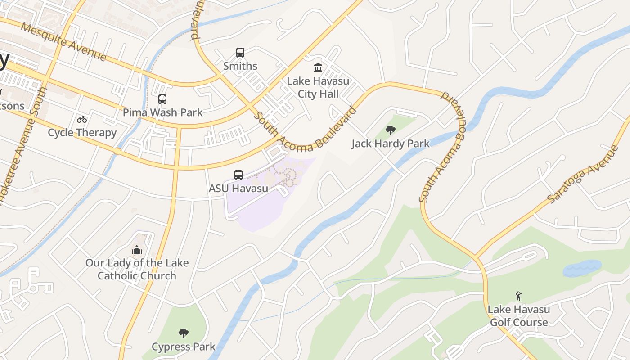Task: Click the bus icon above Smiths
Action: (240, 53)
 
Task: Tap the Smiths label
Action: (240, 66)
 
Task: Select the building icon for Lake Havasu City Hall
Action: (318, 68)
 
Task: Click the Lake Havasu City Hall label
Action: (318, 88)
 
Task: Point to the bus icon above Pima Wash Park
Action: (162, 99)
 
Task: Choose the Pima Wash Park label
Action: (163, 112)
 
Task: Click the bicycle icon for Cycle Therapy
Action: (81, 119)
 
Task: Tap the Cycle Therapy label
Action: (82, 133)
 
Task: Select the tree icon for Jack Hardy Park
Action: (391, 130)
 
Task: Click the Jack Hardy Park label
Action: (391, 144)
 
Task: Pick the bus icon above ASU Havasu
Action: (238, 175)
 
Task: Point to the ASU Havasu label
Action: (238, 188)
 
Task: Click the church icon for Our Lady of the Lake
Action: (137, 250)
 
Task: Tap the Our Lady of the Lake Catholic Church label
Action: (137, 269)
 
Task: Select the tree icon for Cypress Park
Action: (183, 333)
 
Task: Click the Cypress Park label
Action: (184, 347)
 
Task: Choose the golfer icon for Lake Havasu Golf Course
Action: (518, 296)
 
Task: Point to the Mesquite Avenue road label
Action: (63, 42)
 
